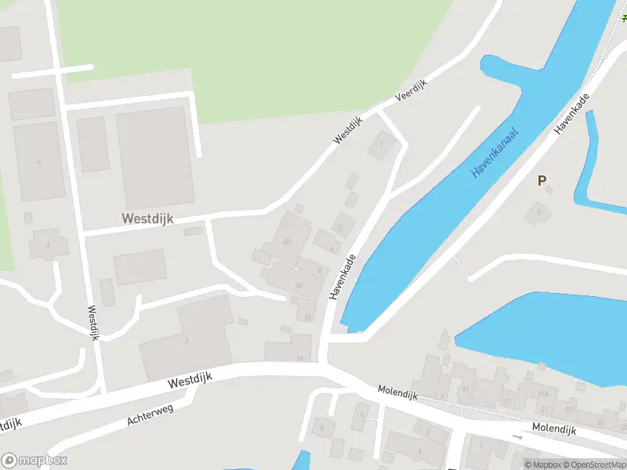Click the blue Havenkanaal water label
[495, 150]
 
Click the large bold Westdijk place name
[147, 219]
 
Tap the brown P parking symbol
[542, 181]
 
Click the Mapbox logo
[34, 461]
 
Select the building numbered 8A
[288, 242]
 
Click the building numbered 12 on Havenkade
[308, 317]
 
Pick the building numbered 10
[299, 285]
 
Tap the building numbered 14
[299, 358]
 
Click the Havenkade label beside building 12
[342, 276]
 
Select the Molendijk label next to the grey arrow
[553, 429]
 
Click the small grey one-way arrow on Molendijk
[517, 436]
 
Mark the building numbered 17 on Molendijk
[506, 401]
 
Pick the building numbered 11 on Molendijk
[465, 389]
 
